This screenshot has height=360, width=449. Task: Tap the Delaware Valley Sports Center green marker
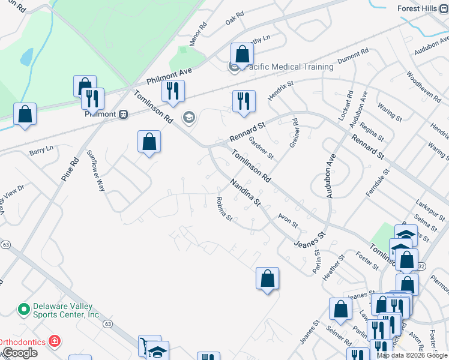click(24, 310)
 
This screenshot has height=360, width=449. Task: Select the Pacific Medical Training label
click(287, 67)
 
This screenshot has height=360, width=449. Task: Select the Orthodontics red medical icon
click(55, 341)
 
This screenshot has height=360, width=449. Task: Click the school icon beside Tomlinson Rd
click(189, 117)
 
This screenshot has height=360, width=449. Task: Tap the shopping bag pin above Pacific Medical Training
click(241, 54)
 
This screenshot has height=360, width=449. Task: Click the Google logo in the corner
click(20, 353)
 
